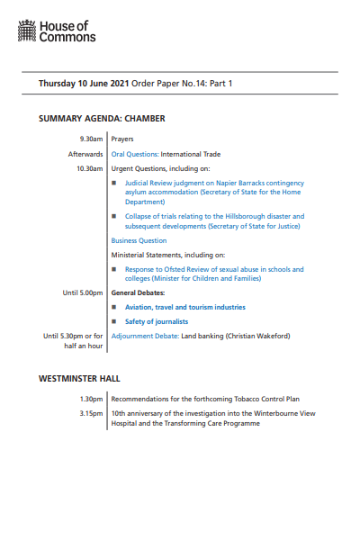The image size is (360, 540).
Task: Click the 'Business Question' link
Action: (x=139, y=241)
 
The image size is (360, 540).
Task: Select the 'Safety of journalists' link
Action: (x=157, y=321)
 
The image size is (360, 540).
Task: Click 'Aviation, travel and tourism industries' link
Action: (x=184, y=307)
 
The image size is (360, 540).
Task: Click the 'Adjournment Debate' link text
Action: (x=143, y=336)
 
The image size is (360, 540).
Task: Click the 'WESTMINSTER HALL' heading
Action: (x=79, y=378)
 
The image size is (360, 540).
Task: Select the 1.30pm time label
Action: (x=91, y=399)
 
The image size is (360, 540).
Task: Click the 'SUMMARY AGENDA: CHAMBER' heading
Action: (x=102, y=119)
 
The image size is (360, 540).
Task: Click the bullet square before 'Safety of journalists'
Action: (x=115, y=321)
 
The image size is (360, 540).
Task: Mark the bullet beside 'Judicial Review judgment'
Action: (x=115, y=183)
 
